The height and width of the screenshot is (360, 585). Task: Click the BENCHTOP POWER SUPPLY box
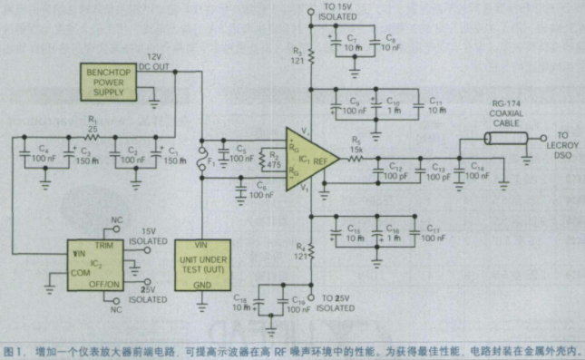[x=112, y=81]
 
